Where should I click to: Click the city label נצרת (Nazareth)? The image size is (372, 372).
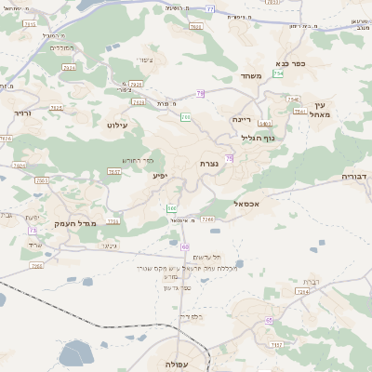point(209,164)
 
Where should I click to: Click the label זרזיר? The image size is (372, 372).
point(22,113)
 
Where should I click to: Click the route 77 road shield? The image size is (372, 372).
point(210,8)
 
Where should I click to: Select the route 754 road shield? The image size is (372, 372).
point(278,73)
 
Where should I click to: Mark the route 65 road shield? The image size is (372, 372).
point(269,320)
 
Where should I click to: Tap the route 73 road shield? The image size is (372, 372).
point(33,230)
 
